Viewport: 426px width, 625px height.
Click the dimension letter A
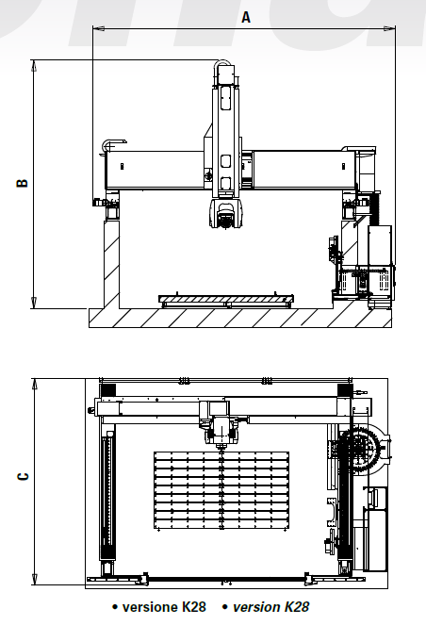[247, 16]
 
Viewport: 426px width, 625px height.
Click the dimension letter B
[22, 184]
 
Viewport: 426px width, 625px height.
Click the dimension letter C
[22, 476]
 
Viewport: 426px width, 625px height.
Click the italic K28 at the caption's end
[296, 607]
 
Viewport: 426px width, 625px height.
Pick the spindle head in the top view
[222, 428]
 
